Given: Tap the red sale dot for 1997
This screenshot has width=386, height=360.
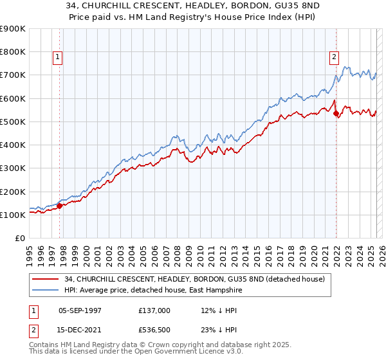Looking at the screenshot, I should (59, 206).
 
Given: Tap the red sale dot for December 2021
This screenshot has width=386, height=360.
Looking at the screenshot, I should (336, 113).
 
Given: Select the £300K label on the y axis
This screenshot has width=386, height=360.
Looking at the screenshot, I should (13, 168).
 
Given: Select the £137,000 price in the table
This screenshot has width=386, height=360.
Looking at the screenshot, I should (154, 310).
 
